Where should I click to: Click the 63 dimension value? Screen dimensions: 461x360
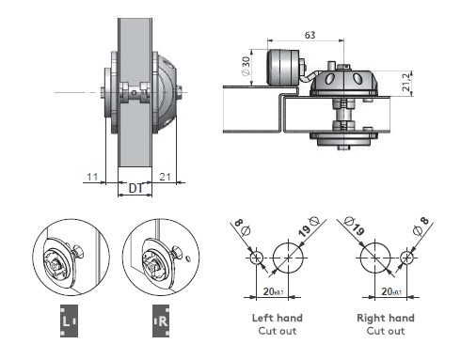[310, 35]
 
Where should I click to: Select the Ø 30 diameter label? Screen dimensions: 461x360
[246, 66]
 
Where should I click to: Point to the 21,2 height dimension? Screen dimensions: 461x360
[406, 83]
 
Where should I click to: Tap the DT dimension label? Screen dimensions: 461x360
[135, 188]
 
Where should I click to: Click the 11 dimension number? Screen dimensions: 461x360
[92, 177]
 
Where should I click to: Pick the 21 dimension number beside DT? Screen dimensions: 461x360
[165, 177]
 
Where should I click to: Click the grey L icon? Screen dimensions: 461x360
[69, 321]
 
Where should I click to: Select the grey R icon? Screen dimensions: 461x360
[161, 321]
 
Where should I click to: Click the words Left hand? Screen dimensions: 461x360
[278, 318]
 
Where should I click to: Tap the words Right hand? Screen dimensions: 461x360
[386, 318]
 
